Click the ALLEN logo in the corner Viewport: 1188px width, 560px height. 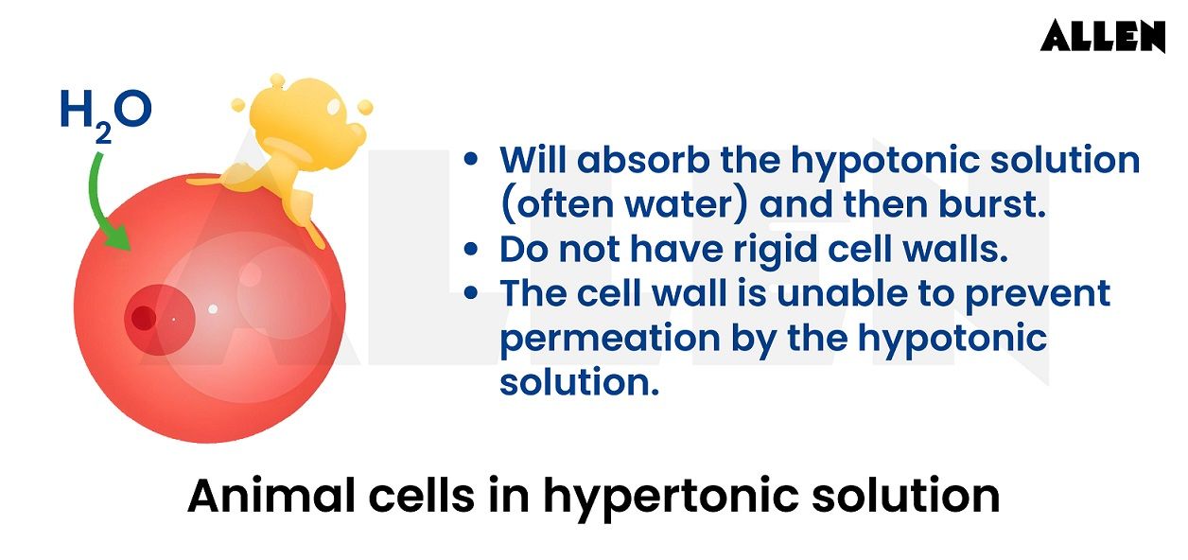click(1103, 36)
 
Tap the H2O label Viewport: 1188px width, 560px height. click(106, 115)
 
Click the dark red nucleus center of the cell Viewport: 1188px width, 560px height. click(143, 318)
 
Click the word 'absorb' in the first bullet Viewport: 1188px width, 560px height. click(643, 159)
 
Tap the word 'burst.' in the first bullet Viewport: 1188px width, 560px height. click(992, 204)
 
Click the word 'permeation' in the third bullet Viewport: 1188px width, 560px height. click(610, 340)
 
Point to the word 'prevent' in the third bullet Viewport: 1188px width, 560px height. click(1038, 294)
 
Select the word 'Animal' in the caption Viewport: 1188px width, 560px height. click(271, 496)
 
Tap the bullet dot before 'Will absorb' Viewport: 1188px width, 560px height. click(471, 159)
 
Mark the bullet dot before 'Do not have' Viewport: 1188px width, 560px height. click(471, 248)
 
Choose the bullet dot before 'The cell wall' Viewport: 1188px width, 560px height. click(471, 292)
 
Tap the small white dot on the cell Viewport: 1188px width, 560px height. click(213, 309)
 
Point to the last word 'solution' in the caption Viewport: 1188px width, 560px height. click(906, 496)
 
